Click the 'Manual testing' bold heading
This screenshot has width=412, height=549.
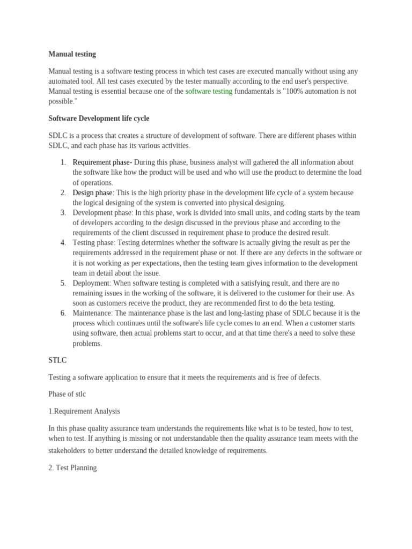[72, 54]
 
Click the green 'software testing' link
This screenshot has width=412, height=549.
[209, 91]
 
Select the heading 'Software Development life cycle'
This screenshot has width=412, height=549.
[99, 118]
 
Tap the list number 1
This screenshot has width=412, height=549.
[63, 162]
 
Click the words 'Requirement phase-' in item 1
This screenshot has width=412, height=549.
[102, 162]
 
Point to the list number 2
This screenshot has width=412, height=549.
[63, 192]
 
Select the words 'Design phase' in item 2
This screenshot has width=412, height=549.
[92, 192]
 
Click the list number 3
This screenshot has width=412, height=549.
[63, 213]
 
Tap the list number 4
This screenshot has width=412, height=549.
[63, 243]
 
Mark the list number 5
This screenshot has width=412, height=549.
[63, 283]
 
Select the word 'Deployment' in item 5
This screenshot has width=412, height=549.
[91, 283]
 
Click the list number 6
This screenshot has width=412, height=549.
[63, 313]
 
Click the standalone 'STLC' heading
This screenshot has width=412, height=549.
[57, 360]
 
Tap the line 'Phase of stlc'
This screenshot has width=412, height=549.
[67, 394]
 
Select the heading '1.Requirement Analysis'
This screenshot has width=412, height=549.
[84, 411]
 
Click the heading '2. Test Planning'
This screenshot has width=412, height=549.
[72, 468]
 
